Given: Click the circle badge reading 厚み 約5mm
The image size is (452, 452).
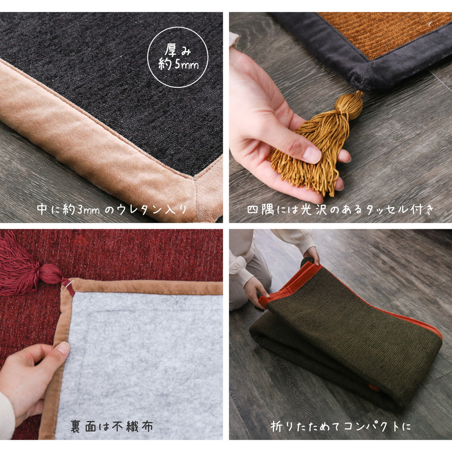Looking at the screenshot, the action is point(178,57).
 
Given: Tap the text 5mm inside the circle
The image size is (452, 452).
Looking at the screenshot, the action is point(187,64).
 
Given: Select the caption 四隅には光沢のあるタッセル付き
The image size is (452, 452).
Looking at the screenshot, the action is point(340,210).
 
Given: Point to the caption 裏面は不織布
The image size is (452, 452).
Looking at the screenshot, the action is point(112,426).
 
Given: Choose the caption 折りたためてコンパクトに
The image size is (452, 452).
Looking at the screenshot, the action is point(341,426).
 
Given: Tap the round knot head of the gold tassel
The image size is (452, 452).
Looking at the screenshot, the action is point(349,105).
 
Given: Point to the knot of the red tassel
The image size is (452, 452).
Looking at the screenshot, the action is point(51,274).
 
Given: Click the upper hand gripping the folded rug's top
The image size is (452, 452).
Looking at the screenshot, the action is point(312,256).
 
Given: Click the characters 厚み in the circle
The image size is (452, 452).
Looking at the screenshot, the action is point(178,50).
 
